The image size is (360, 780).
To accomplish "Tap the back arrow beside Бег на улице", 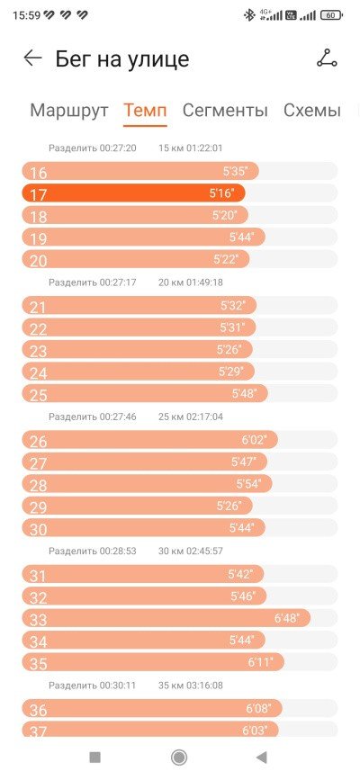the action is click(x=33, y=58).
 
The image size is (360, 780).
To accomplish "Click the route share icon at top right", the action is click(x=327, y=58).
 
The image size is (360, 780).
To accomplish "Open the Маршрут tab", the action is click(x=69, y=110).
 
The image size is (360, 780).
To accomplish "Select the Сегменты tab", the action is click(x=225, y=110).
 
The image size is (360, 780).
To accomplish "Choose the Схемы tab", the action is click(x=312, y=110).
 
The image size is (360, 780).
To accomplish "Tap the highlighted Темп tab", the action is click(x=146, y=110).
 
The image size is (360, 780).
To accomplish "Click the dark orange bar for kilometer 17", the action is click(x=133, y=193).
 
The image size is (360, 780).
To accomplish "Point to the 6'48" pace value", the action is click(x=287, y=618).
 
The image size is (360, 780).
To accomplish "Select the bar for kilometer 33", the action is click(x=166, y=618).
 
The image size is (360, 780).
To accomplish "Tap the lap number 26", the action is click(x=39, y=442).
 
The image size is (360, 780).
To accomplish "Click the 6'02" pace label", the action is click(x=255, y=440).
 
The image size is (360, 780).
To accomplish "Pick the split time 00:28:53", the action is click(x=118, y=551).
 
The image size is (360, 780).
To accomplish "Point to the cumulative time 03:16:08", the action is click(x=204, y=686).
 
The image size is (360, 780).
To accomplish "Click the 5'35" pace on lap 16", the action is click(x=236, y=171).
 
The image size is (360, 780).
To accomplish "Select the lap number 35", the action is click(x=39, y=664).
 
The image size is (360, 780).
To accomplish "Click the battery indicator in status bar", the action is click(x=331, y=15).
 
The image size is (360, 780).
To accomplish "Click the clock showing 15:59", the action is click(x=26, y=15).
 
